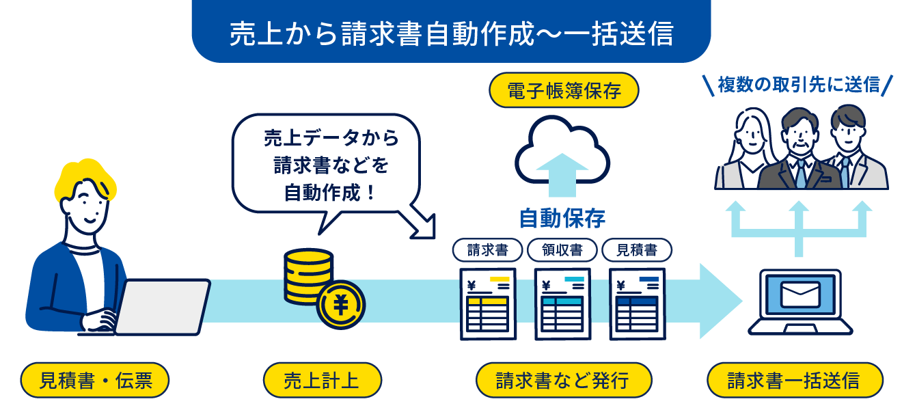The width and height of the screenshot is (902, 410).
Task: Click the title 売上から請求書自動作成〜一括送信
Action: (451, 33)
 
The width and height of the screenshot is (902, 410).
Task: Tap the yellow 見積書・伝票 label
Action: (94, 380)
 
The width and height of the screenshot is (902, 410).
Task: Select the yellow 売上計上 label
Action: (322, 380)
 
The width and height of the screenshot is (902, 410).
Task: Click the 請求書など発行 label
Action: (563, 380)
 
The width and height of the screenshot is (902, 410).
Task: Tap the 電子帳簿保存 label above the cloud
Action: (564, 91)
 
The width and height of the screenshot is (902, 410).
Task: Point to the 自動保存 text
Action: (562, 218)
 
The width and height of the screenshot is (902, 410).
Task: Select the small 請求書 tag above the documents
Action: (487, 250)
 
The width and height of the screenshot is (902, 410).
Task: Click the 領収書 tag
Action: (562, 250)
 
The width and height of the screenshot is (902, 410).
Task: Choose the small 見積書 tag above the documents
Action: (636, 250)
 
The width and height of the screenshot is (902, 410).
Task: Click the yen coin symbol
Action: (340, 304)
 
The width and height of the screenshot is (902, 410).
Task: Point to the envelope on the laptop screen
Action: (799, 295)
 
